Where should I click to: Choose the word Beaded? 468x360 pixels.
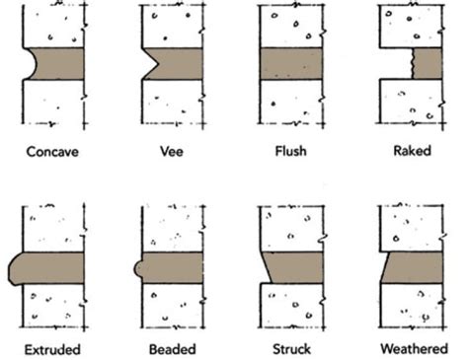[x=169, y=346]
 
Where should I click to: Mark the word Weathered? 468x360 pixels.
[x=408, y=346]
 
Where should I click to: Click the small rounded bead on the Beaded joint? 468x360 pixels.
[x=138, y=266]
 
